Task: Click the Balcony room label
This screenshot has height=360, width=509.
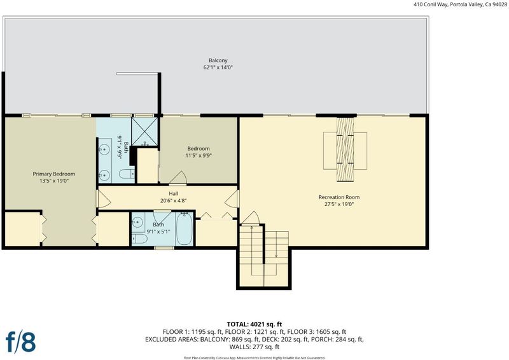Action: tap(218, 60)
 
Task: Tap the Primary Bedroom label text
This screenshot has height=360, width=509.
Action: tap(54, 174)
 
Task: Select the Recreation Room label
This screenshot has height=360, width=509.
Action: tap(339, 197)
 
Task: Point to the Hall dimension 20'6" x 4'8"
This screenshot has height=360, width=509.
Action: tap(173, 200)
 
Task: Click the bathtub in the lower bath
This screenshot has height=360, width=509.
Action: tap(184, 228)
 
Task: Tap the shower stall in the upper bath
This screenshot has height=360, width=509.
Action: tap(144, 131)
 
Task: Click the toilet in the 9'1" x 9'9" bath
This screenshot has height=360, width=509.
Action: tap(127, 174)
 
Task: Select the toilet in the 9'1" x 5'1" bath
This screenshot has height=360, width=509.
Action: tap(139, 239)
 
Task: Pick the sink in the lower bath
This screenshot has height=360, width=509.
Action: tap(137, 222)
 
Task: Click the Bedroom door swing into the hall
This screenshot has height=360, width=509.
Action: tap(178, 178)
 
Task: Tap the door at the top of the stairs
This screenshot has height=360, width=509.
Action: tap(250, 218)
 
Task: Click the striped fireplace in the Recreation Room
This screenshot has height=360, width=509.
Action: tap(345, 149)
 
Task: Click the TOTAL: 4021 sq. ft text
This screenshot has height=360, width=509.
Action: tap(254, 324)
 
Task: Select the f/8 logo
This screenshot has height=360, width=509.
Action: tap(20, 342)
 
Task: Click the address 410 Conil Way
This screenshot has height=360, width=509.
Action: tap(431, 4)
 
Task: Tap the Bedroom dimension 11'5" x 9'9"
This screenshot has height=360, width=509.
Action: tap(199, 155)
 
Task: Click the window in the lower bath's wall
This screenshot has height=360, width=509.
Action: tap(164, 248)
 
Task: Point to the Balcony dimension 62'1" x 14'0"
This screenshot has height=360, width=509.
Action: tap(218, 67)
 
